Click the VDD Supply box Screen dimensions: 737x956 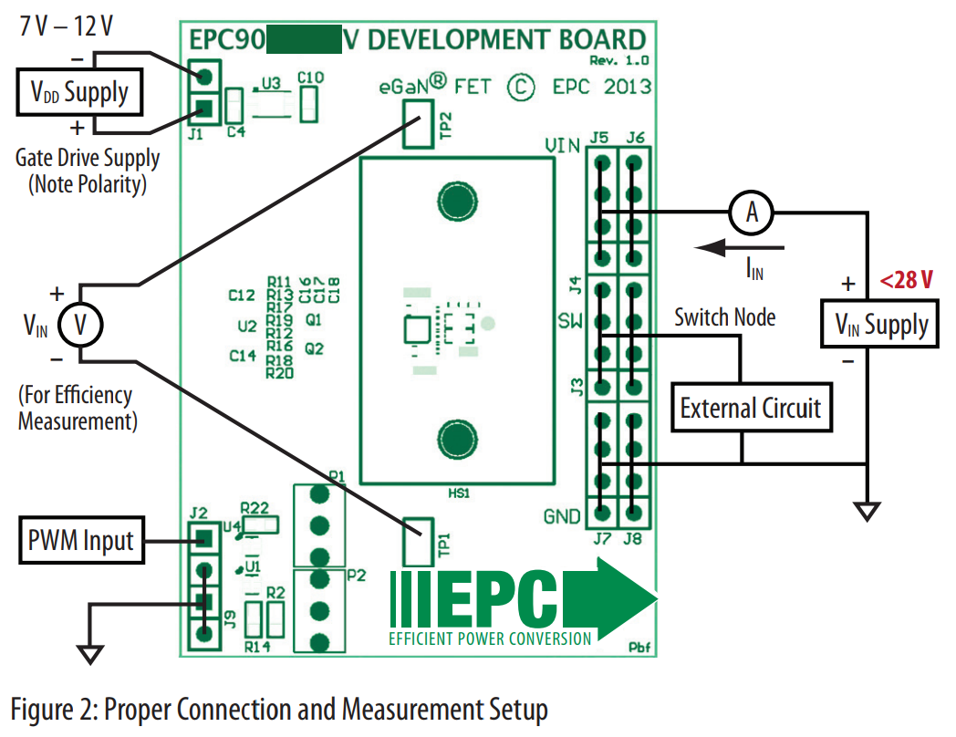80,92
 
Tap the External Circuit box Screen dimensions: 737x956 750,408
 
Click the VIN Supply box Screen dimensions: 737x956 881,325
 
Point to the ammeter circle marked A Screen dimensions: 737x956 752,213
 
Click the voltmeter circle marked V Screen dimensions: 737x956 79,326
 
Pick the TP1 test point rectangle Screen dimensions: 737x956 419,543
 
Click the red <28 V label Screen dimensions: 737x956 906,280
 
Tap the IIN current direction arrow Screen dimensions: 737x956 737,247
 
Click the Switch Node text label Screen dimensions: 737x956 724,317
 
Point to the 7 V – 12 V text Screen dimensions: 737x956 68,26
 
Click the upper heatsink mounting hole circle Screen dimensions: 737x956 455,200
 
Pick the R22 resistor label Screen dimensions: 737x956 255,507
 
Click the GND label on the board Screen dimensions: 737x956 561,517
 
